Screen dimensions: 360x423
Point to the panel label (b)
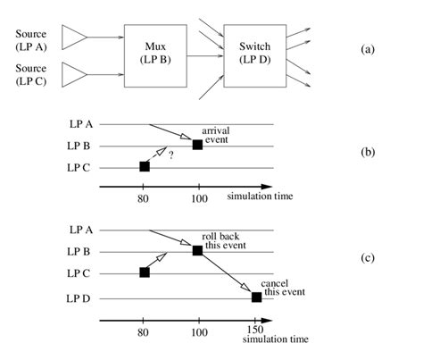[368, 152]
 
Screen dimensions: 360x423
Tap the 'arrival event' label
[217, 135]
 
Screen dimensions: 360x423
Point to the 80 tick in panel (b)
[144, 199]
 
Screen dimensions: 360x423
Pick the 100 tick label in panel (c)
[197, 331]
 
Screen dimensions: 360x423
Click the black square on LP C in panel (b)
[144, 166]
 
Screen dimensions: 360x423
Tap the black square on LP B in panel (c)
[197, 251]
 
